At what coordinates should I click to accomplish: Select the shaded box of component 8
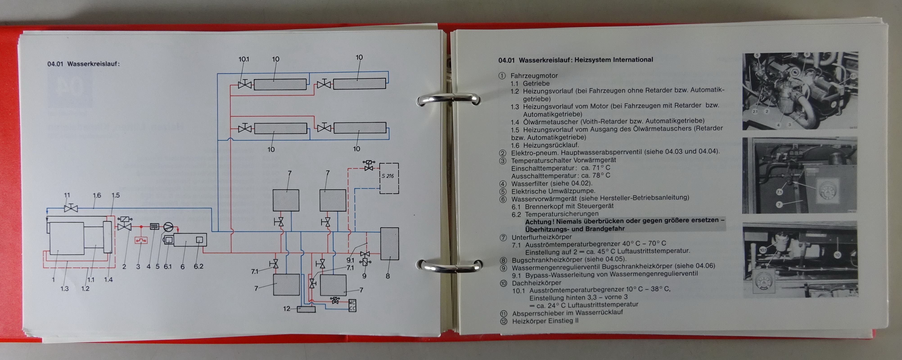(389, 244)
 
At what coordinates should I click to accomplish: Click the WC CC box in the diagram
(352, 305)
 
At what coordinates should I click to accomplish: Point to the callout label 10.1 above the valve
(244, 59)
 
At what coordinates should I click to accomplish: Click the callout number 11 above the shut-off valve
(67, 195)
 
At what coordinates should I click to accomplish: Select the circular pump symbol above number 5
(168, 227)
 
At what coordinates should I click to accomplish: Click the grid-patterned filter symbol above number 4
(154, 227)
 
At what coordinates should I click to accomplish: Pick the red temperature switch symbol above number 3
(141, 240)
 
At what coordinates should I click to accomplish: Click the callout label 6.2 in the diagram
(198, 266)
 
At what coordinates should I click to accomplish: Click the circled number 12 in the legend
(503, 321)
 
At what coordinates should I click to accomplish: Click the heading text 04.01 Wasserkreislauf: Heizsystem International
(576, 60)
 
